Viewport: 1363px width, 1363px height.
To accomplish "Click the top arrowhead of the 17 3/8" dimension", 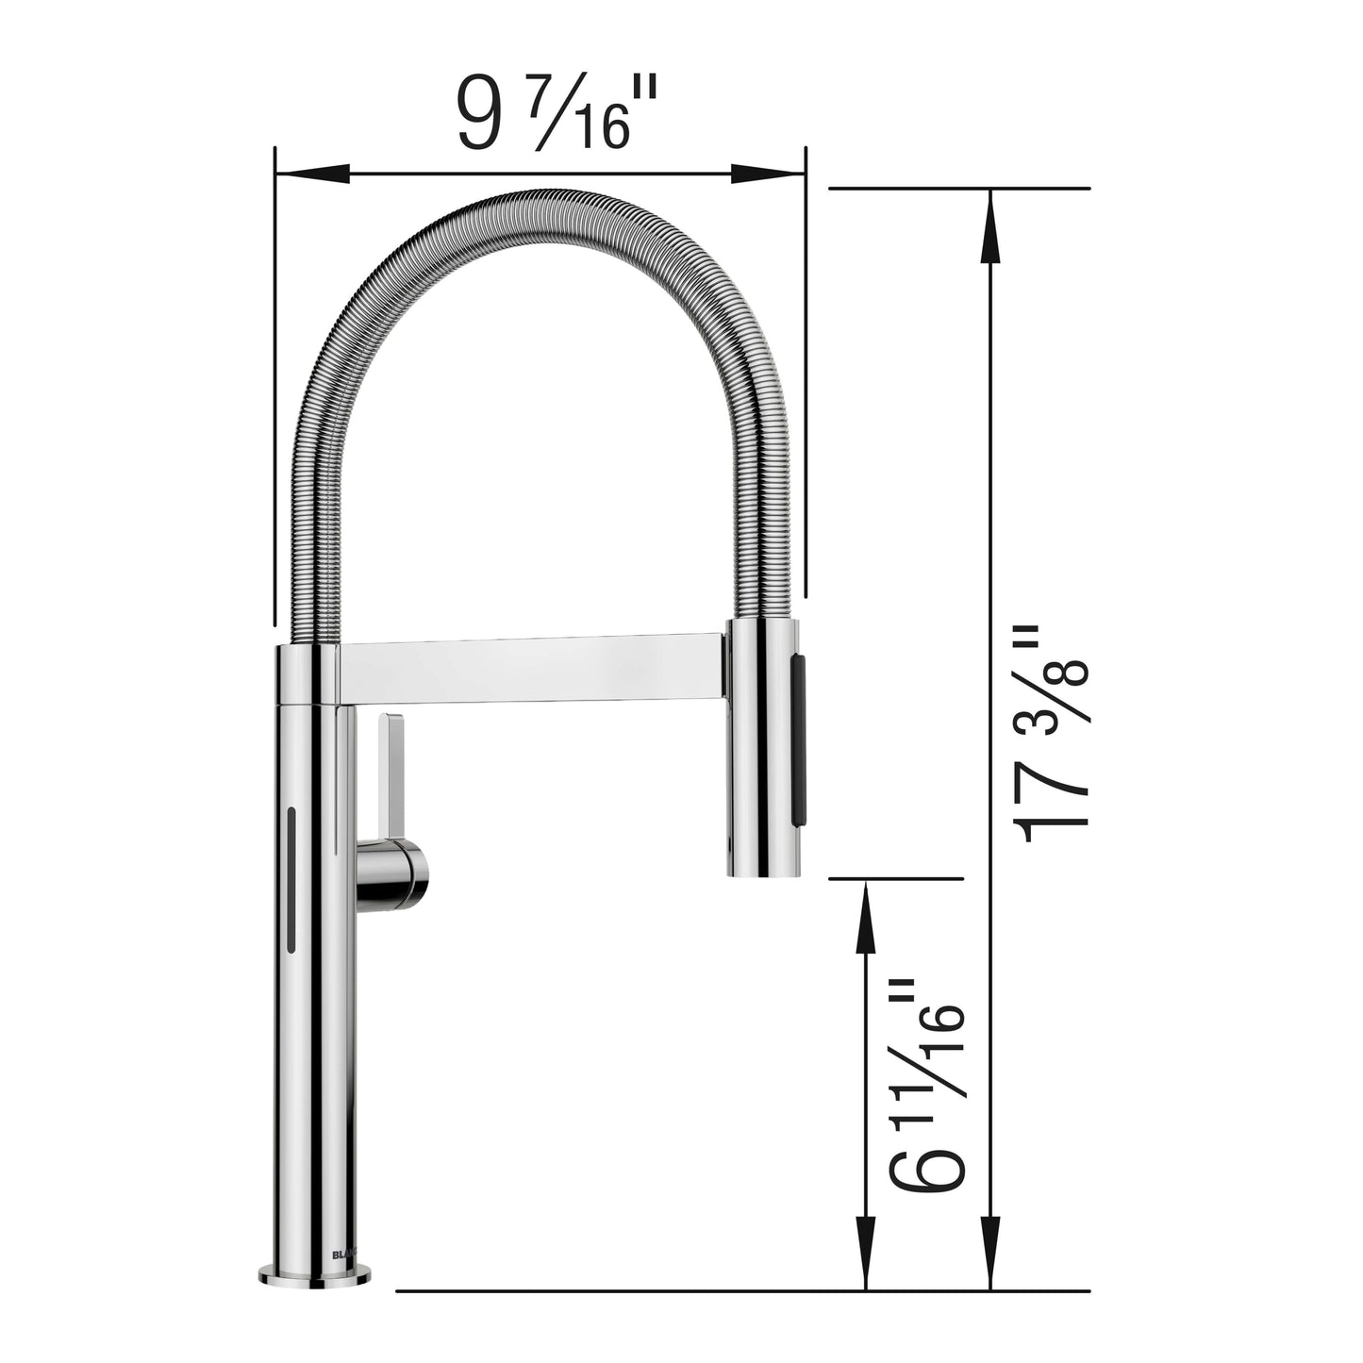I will [x=989, y=226].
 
